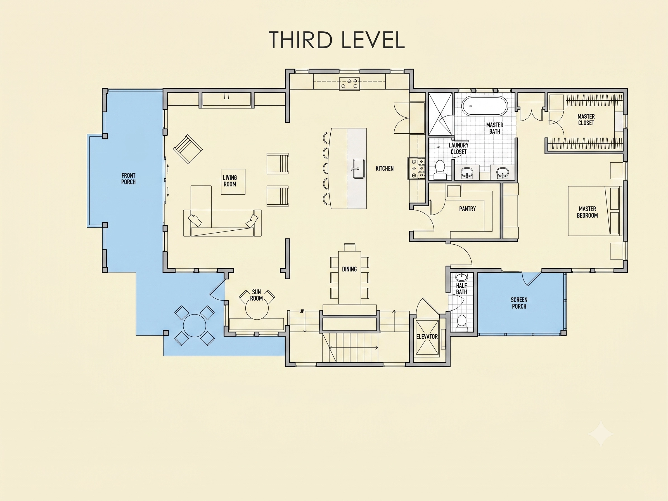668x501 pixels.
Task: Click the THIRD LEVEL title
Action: click(337, 40)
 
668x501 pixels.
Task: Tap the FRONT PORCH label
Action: click(128, 179)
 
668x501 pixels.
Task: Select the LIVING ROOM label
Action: click(230, 181)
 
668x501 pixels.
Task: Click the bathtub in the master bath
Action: click(484, 106)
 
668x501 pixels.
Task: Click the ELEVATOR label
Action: click(427, 336)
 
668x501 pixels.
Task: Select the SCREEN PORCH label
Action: click(519, 303)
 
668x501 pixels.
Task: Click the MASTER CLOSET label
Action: click(586, 120)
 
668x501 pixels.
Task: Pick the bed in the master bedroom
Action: click(594, 211)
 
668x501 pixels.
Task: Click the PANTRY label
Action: click(468, 209)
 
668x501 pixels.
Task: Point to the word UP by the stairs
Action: click(301, 311)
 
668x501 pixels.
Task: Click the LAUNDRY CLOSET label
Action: click(458, 148)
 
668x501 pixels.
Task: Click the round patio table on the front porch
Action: click(195, 325)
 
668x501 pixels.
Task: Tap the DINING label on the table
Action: click(349, 269)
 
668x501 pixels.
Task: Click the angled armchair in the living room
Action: click(188, 149)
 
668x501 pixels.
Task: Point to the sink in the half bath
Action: click(461, 277)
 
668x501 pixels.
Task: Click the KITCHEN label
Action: click(384, 169)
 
